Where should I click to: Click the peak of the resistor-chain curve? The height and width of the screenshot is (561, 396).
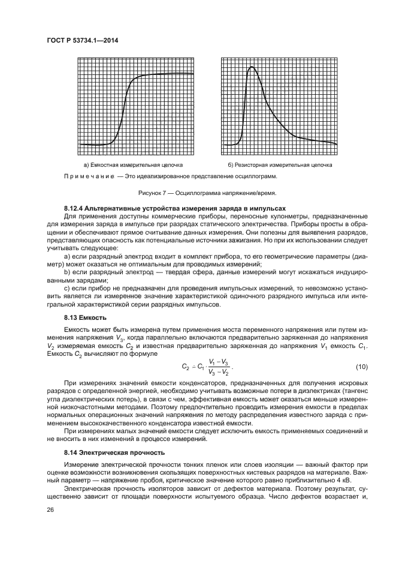pos(252,67)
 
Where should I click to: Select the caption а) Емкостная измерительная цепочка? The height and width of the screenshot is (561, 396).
pos(134,164)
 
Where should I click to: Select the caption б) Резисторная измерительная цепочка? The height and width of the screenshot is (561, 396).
pos(279,164)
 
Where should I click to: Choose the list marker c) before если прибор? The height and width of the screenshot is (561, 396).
pos(66,288)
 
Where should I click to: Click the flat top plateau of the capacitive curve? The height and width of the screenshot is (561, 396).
pos(174,74)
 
